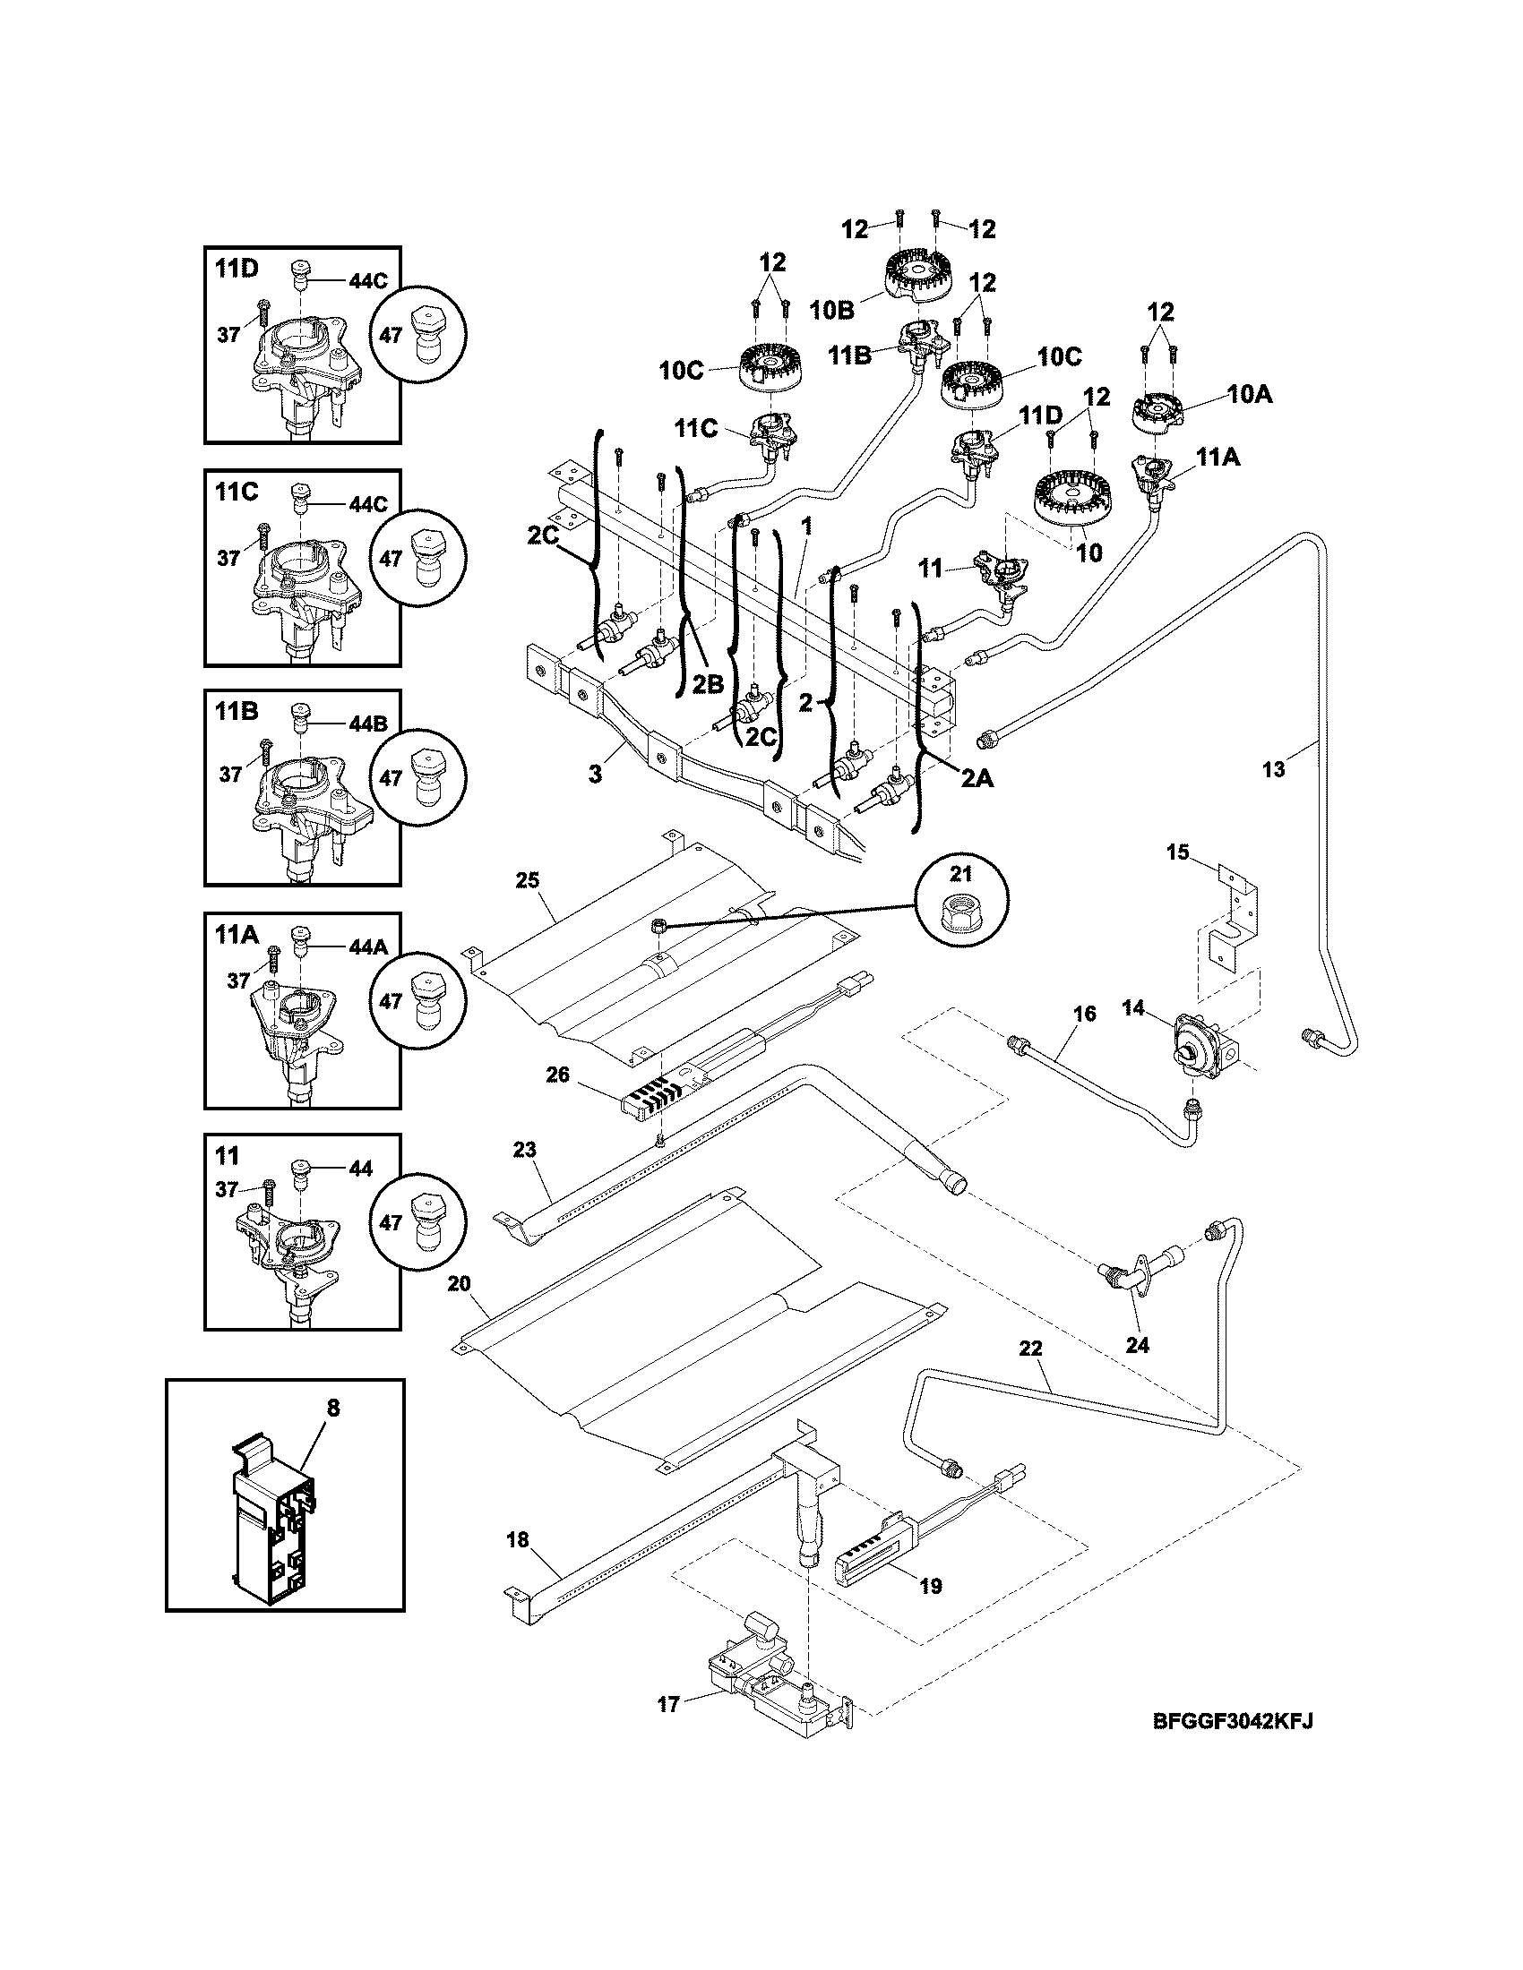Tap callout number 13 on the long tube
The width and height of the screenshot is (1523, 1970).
[x=1273, y=769]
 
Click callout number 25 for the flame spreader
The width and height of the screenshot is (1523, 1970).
[x=527, y=878]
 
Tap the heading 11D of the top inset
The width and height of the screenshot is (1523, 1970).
[x=237, y=268]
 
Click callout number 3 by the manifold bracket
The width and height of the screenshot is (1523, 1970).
[x=595, y=773]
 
